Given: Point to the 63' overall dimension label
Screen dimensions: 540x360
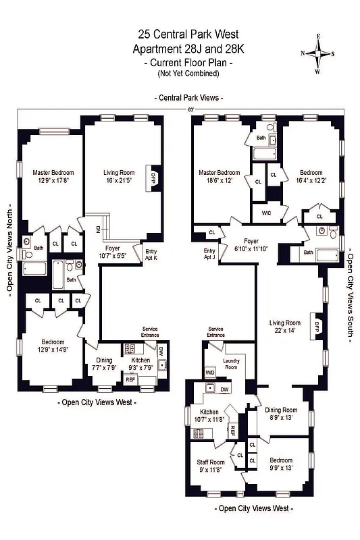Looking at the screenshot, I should pyautogui.click(x=190, y=109).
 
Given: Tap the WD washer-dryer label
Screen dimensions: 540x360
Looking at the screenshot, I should pyautogui.click(x=210, y=372).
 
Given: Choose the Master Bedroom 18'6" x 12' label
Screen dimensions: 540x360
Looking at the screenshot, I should pyautogui.click(x=219, y=176).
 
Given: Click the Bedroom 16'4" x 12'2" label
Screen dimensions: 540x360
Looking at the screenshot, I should pyautogui.click(x=311, y=176).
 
